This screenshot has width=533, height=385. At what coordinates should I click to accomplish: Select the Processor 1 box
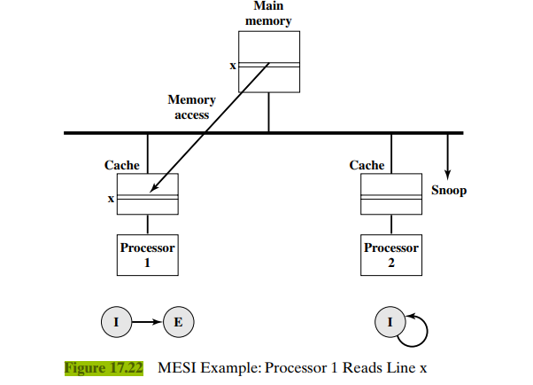point(147,254)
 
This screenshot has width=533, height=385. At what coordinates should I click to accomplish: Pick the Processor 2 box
point(390,254)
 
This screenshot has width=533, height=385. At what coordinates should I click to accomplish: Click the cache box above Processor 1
point(147,194)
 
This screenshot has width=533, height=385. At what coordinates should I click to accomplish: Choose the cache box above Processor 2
point(390,194)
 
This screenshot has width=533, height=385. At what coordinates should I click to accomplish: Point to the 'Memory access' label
point(191,107)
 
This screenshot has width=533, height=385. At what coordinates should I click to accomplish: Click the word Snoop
point(448,190)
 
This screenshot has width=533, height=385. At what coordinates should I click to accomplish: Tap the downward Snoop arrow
point(448,155)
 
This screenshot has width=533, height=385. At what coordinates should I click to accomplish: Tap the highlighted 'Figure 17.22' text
point(104,367)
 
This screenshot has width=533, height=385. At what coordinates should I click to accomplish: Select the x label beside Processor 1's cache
point(111,199)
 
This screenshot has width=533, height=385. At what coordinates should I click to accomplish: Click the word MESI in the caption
point(178,367)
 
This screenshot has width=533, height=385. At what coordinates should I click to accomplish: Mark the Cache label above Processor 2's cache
point(367,165)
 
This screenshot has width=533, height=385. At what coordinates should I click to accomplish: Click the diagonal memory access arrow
point(210,128)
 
